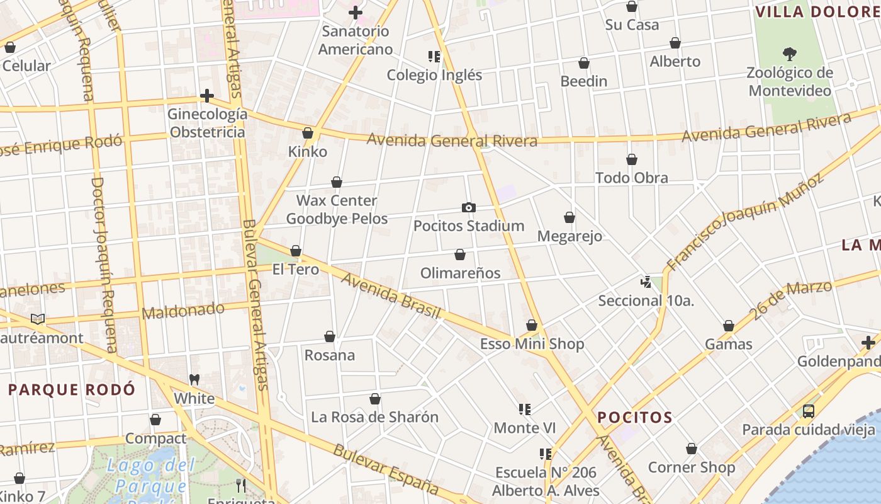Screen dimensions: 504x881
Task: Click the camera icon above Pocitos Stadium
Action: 468,207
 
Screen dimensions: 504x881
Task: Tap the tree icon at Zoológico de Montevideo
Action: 789,54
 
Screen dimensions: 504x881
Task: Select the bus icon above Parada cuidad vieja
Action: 809,411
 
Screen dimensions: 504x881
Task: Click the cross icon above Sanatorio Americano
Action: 356,12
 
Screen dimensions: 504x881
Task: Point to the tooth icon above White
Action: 194,380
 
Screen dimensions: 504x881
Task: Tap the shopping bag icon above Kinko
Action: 308,133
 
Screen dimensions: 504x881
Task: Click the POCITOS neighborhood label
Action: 635,417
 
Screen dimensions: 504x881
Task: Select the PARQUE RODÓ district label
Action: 72,389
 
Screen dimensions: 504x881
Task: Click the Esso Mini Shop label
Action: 532,344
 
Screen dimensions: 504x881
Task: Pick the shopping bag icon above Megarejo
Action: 570,217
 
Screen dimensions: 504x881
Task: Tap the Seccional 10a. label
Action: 646,301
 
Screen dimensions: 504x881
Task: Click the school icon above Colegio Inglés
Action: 434,57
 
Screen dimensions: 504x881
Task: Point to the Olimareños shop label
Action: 460,273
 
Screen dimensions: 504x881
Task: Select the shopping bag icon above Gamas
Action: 729,326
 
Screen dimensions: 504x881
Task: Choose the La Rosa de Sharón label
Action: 374,417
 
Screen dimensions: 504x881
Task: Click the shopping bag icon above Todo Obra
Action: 632,159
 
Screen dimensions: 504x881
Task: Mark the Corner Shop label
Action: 691,467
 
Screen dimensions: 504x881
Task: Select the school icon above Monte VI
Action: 524,409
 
